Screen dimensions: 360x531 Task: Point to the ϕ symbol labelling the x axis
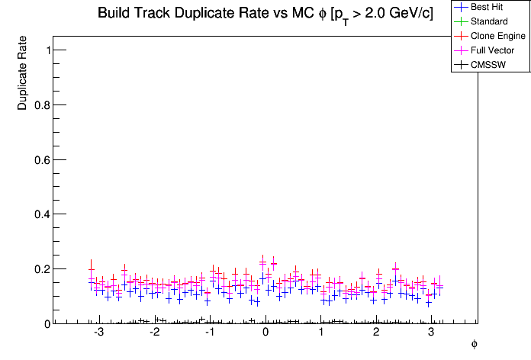click(x=474, y=344)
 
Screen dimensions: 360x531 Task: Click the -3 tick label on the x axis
click(x=98, y=333)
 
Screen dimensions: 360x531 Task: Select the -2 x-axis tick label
click(x=153, y=333)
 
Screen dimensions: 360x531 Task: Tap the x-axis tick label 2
click(x=376, y=333)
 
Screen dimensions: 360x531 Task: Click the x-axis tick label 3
click(x=432, y=333)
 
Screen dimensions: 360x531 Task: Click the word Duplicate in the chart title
click(x=198, y=14)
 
